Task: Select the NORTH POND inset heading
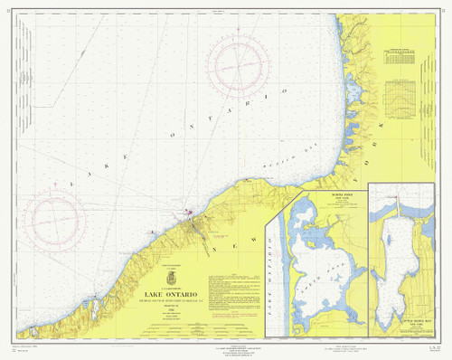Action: coord(315,193)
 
